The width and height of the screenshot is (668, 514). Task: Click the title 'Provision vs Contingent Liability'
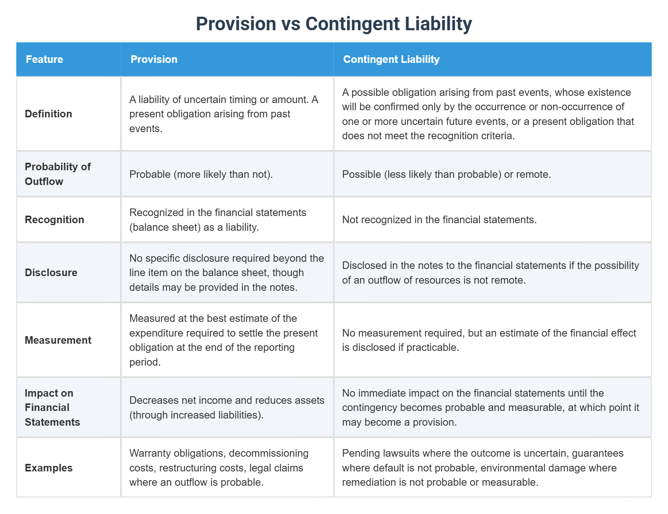[334, 24]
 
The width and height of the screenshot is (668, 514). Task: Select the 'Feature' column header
[45, 59]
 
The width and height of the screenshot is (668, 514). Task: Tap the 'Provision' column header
[154, 59]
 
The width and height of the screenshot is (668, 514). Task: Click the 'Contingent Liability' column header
[391, 59]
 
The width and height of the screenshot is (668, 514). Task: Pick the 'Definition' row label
[49, 114]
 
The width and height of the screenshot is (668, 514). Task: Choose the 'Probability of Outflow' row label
[58, 174]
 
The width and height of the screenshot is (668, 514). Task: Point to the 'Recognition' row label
[54, 220]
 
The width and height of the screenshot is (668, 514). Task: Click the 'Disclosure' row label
[51, 273]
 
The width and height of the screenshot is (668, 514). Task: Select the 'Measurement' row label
[58, 340]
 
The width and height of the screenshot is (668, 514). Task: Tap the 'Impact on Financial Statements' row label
[52, 407]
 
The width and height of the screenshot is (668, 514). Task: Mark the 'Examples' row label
[49, 468]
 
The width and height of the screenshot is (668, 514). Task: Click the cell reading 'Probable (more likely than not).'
[201, 174]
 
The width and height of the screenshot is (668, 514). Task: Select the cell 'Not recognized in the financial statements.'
[439, 220]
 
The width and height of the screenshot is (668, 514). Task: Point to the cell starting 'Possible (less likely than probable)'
[446, 174]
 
